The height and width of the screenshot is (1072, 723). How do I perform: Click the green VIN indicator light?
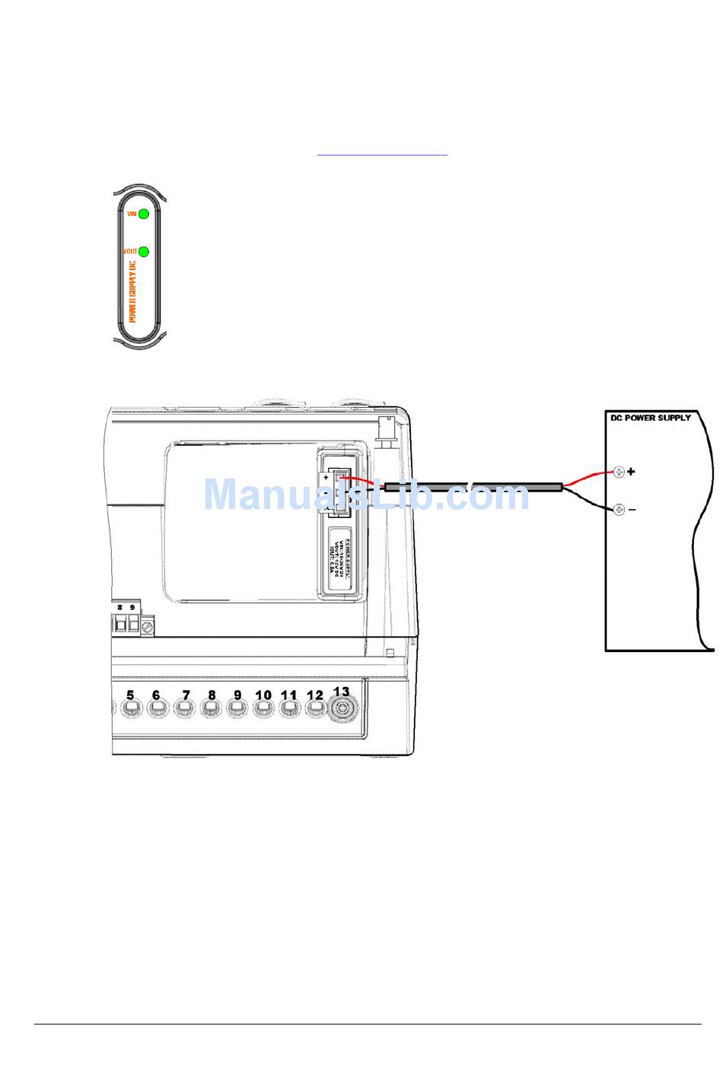(144, 214)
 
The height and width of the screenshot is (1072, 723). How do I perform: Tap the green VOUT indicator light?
(144, 251)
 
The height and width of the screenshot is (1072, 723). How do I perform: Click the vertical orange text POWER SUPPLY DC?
(132, 292)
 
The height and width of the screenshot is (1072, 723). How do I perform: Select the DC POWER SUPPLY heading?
(651, 418)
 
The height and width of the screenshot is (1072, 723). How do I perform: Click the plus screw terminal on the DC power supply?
(619, 472)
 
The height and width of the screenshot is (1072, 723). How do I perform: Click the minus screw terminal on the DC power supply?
(619, 509)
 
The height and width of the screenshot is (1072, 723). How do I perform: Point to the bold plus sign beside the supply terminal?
(631, 472)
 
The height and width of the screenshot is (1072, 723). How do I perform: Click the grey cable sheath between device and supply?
(472, 487)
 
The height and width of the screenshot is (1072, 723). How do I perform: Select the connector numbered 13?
(342, 710)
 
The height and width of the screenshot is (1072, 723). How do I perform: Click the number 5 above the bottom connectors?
(130, 695)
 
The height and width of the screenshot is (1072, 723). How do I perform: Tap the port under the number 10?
(263, 709)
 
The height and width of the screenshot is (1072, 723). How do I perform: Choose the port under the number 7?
(184, 709)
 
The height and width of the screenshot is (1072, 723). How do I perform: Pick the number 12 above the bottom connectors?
(314, 695)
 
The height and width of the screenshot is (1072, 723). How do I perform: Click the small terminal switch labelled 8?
(120, 625)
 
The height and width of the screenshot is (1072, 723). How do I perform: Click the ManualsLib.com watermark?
(366, 495)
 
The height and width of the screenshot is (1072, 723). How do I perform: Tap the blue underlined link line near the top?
(382, 155)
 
